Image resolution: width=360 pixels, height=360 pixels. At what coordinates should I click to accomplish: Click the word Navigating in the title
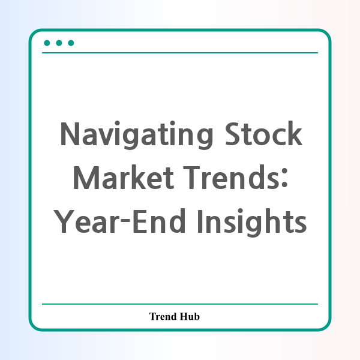pyautogui.click(x=137, y=135)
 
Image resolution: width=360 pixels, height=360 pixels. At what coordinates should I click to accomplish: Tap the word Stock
pyautogui.click(x=263, y=133)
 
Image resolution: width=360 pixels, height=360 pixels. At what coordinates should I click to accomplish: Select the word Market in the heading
pyautogui.click(x=124, y=177)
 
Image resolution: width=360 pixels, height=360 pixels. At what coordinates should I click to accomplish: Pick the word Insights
pyautogui.click(x=252, y=223)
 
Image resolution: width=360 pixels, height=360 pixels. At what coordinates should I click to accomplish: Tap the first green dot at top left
pyautogui.click(x=47, y=43)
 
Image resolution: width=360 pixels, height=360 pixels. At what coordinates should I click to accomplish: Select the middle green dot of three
pyautogui.click(x=59, y=43)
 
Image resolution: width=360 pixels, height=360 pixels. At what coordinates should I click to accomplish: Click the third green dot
pyautogui.click(x=71, y=43)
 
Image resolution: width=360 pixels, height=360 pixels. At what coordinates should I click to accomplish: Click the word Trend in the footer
pyautogui.click(x=163, y=316)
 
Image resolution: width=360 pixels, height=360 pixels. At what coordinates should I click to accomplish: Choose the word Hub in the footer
pyautogui.click(x=190, y=316)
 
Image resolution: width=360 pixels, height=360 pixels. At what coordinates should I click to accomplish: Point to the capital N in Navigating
pyautogui.click(x=70, y=133)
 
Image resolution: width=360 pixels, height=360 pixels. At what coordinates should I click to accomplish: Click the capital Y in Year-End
pyautogui.click(x=64, y=221)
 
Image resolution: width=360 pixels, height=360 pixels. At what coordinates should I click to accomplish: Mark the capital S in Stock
pyautogui.click(x=233, y=133)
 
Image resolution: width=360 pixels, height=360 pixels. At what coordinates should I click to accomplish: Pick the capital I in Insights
pyautogui.click(x=200, y=221)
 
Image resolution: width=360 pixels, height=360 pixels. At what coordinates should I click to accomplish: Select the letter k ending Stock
pyautogui.click(x=295, y=133)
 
